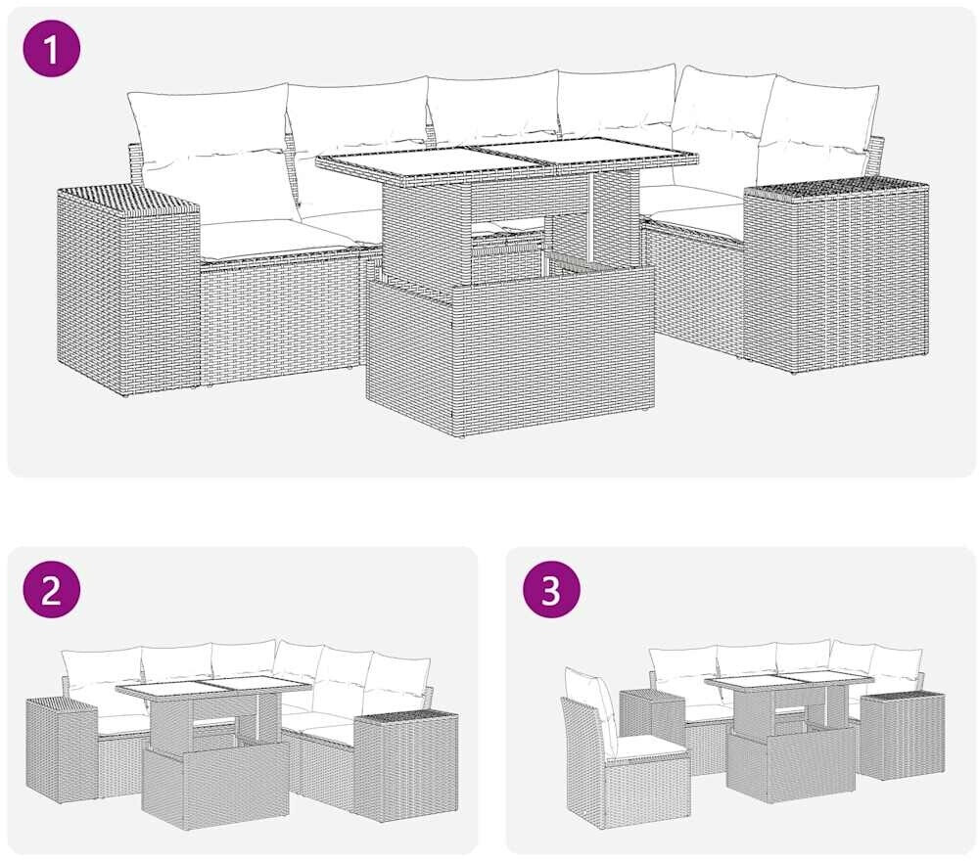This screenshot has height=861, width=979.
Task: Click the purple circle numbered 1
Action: pos(52,48)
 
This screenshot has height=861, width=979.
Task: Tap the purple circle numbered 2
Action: pos(52,589)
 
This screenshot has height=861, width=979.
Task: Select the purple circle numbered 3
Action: pos(551,589)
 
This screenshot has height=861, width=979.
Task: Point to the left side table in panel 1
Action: pos(128,291)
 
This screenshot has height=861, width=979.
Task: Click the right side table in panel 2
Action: pos(406,762)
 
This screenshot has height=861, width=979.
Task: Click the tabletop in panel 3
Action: pos(788,683)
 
